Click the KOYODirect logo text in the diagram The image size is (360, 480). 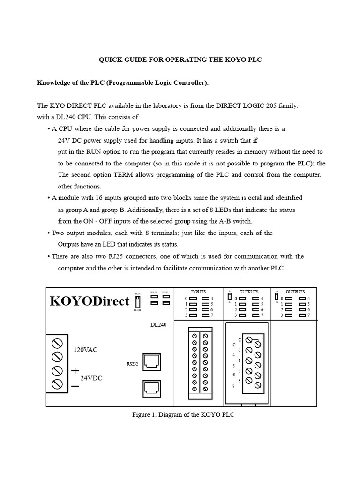pyautogui.click(x=89, y=301)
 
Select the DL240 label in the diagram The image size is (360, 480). pyautogui.click(x=158, y=324)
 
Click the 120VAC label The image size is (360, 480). pyautogui.click(x=86, y=350)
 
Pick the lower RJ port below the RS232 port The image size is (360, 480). pyautogui.click(x=151, y=387)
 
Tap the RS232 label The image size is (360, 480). pyautogui.click(x=132, y=364)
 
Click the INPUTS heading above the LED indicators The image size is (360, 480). pyautogui.click(x=198, y=292)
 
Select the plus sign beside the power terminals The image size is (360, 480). pyautogui.click(x=75, y=370)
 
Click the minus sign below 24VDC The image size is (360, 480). pyautogui.click(x=75, y=386)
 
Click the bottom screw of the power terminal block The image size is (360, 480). pyautogui.click(x=57, y=384)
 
